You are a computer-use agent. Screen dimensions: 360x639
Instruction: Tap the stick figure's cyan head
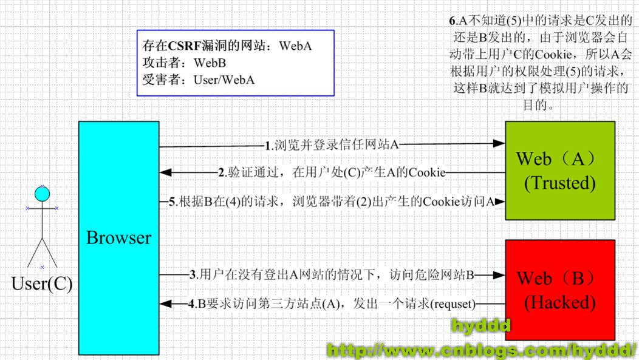pos(41,194)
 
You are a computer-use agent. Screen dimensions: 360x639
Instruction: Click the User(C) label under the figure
pos(42,285)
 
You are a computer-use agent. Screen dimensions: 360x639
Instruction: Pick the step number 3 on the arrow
pos(193,275)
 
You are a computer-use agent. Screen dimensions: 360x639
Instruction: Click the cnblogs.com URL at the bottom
pos(481,349)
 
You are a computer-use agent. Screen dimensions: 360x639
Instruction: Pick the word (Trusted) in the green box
pos(561,182)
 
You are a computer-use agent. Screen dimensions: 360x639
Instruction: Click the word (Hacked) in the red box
pos(560,302)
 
